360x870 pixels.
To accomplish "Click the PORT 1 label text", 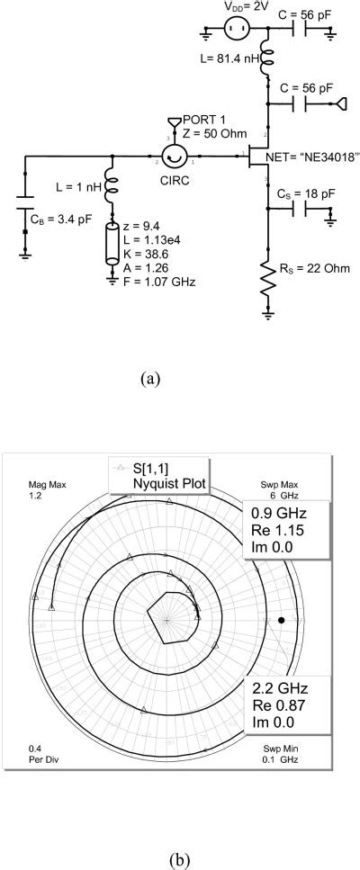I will [205, 119].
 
